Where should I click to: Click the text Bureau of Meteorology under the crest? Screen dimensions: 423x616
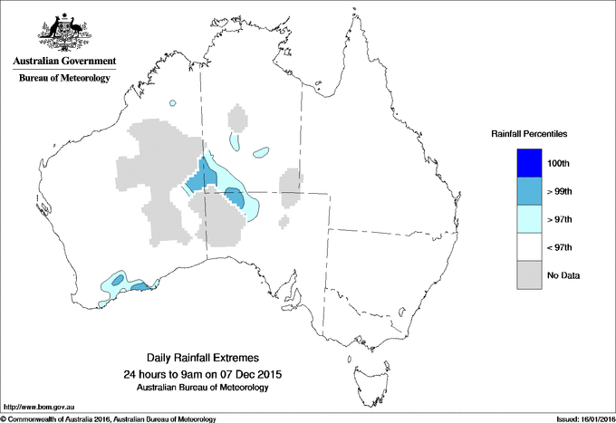(x=63, y=79)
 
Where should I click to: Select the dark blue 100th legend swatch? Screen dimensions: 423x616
(x=529, y=163)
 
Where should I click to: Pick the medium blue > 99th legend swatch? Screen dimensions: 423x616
(x=529, y=191)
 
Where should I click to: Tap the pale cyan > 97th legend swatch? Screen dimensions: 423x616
(x=529, y=219)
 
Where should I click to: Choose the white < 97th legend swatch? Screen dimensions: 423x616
(x=529, y=247)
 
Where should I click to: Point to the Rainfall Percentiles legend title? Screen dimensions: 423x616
(x=529, y=134)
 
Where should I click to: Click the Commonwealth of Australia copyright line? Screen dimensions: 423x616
(x=109, y=418)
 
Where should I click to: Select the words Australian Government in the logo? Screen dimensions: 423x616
(x=63, y=62)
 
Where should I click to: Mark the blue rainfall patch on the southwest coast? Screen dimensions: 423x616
(x=140, y=286)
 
